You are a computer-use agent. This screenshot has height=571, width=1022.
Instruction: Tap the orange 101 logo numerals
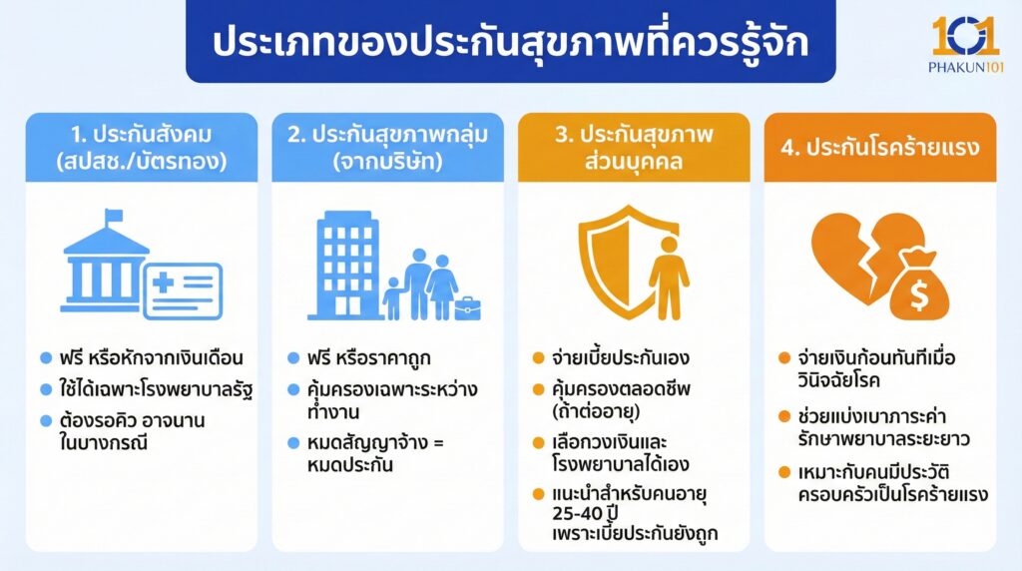pos(965,37)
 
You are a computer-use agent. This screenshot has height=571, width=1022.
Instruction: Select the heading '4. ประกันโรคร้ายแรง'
pos(879,147)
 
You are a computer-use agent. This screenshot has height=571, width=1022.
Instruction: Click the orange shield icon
pos(617,257)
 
